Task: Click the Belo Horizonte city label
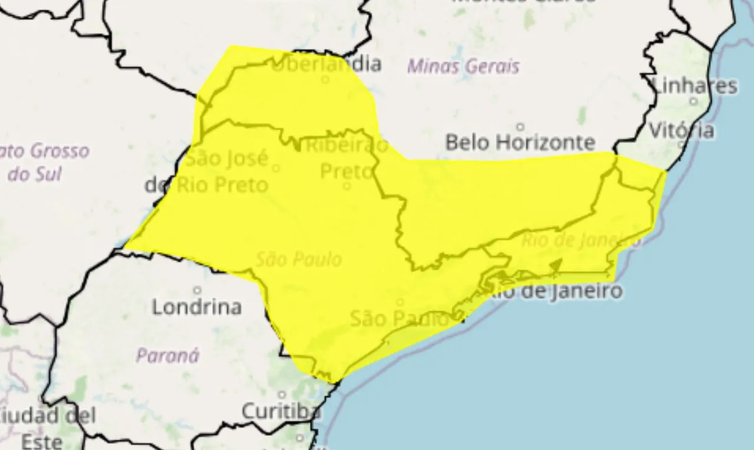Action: point(520,143)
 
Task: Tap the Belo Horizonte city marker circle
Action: point(520,127)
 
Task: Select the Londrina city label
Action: point(197,307)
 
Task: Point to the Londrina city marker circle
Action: point(197,290)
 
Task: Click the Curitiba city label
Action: point(282,411)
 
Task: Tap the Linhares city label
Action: point(696,86)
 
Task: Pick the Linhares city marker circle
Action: point(693,101)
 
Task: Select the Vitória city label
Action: point(682,130)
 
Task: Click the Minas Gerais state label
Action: point(464,66)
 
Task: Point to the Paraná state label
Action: point(168,355)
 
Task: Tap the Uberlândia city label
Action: point(326,64)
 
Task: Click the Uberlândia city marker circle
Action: point(325,79)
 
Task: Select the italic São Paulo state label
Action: point(299,259)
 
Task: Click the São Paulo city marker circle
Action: point(400,302)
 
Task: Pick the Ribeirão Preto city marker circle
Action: point(347,186)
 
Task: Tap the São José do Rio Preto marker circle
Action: point(276,168)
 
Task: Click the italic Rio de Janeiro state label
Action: point(581,240)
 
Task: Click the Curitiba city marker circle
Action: point(282,395)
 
